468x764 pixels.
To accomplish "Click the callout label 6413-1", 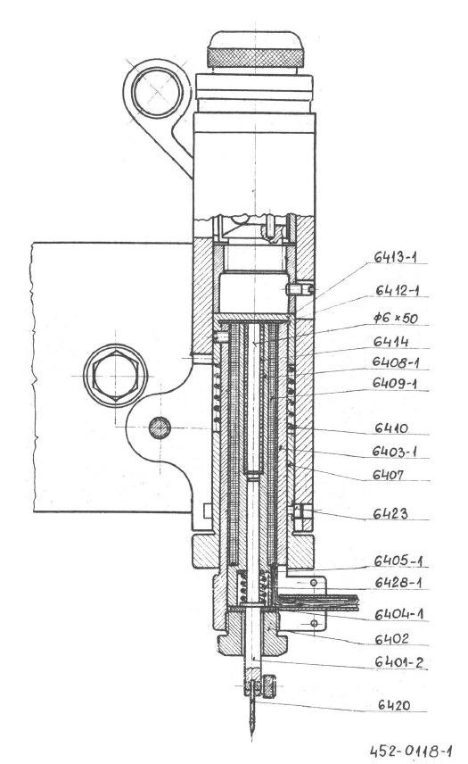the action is pos(395,257).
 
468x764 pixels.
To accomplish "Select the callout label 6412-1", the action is pos(397,290).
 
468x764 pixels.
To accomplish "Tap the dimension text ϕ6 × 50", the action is pos(395,318).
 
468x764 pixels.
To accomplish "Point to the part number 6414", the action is pos(390,341).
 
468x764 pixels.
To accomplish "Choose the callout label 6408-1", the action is pos(396,362).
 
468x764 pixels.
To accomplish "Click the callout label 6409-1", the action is pos(395,383).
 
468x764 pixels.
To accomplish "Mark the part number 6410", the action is pos(390,428).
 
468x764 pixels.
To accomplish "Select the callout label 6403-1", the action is pos(395,452).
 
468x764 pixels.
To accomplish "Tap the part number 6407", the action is pos(388,474).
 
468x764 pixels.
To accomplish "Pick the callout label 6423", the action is pos(390,513).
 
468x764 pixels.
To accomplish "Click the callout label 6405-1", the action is pos(398,561).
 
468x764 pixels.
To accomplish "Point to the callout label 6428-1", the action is pos(398,582).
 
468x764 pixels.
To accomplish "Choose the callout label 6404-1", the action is pos(398,614).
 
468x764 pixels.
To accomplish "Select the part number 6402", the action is pos(391,638).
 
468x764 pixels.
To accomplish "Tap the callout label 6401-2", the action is pos(398,662).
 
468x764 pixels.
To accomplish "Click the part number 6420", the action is pos(394,704).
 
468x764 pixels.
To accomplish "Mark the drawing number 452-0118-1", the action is pos(411,751).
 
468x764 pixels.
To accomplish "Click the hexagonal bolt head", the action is pos(115,376).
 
